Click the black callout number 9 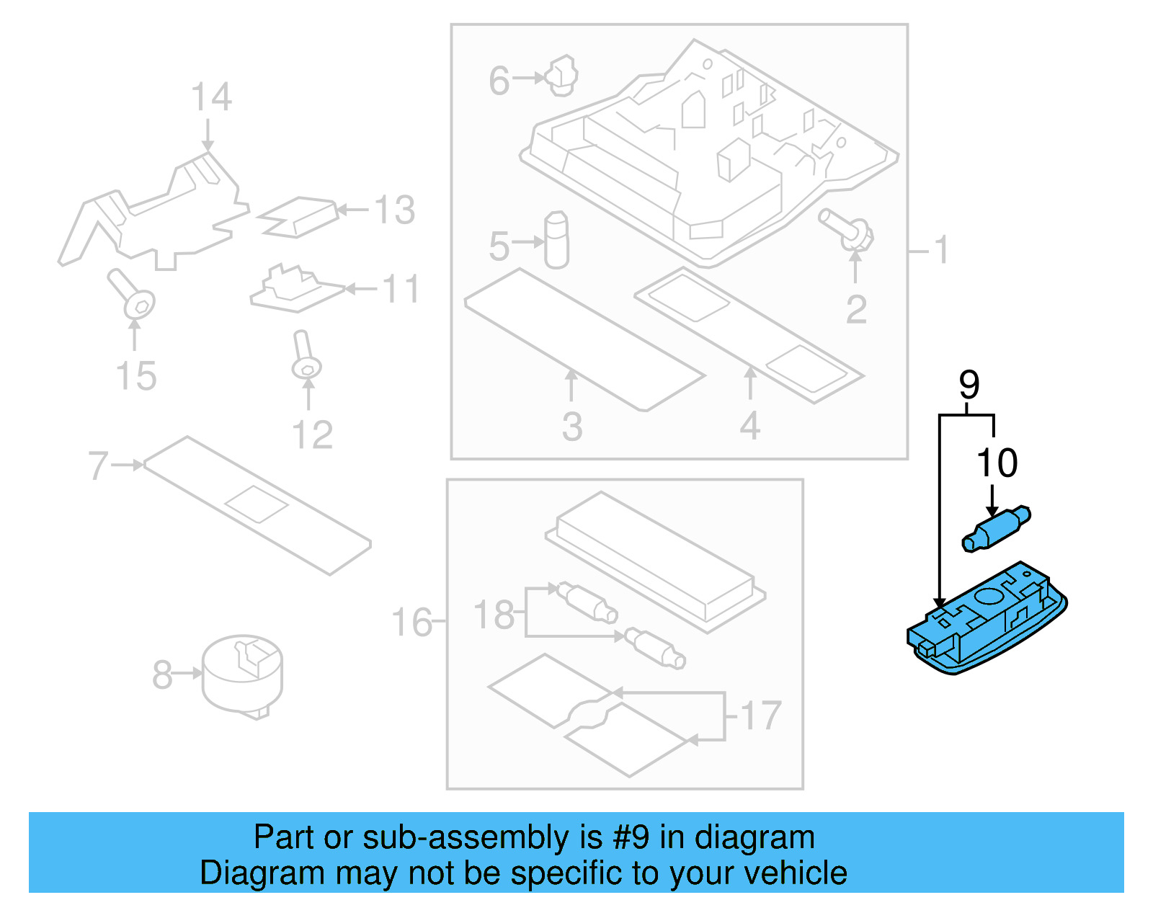[x=969, y=386]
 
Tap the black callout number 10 [x=997, y=463]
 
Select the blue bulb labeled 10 [x=996, y=530]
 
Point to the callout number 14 [x=211, y=98]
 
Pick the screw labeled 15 [x=133, y=296]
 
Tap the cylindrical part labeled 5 [x=556, y=241]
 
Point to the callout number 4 [x=749, y=427]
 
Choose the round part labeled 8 [x=242, y=674]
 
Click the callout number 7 [x=98, y=465]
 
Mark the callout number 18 [x=494, y=615]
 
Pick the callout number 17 [x=760, y=716]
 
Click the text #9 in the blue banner [x=631, y=837]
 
